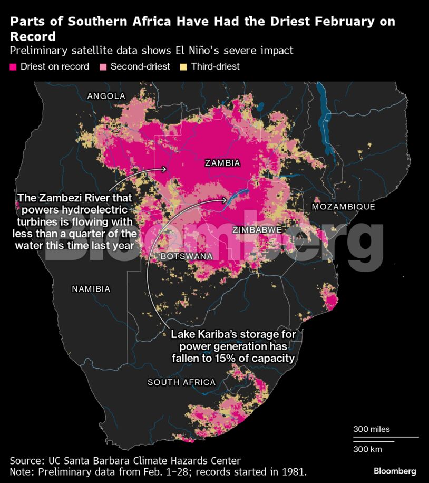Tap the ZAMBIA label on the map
point(222,163)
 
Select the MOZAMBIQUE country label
point(343,207)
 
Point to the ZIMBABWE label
point(257,230)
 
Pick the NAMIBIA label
point(91,289)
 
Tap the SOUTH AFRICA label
point(181,382)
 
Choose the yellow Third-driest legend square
point(183,67)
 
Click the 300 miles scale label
point(371,429)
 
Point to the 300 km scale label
point(367,449)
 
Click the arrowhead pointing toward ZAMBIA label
point(165,169)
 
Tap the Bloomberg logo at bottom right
point(394,471)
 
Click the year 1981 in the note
point(294,471)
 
